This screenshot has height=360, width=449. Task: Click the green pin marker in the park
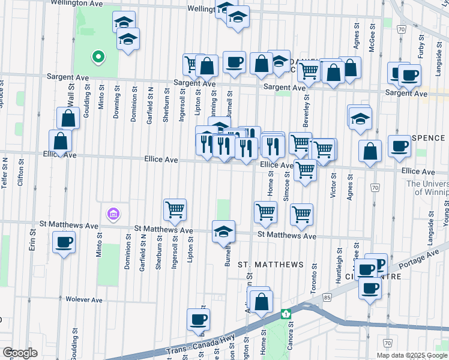point(97,58)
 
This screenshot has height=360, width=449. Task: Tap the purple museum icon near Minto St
point(112,214)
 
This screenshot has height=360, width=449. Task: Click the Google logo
point(20,353)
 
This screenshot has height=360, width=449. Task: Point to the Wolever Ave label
point(84,299)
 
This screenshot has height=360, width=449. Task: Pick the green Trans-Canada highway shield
point(286,313)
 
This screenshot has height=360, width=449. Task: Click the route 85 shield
point(327,297)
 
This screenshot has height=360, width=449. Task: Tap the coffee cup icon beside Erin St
point(64,244)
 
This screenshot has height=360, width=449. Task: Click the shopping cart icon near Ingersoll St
point(175,210)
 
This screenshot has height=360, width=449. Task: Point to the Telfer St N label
point(5,173)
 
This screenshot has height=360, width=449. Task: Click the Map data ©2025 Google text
point(412,355)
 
